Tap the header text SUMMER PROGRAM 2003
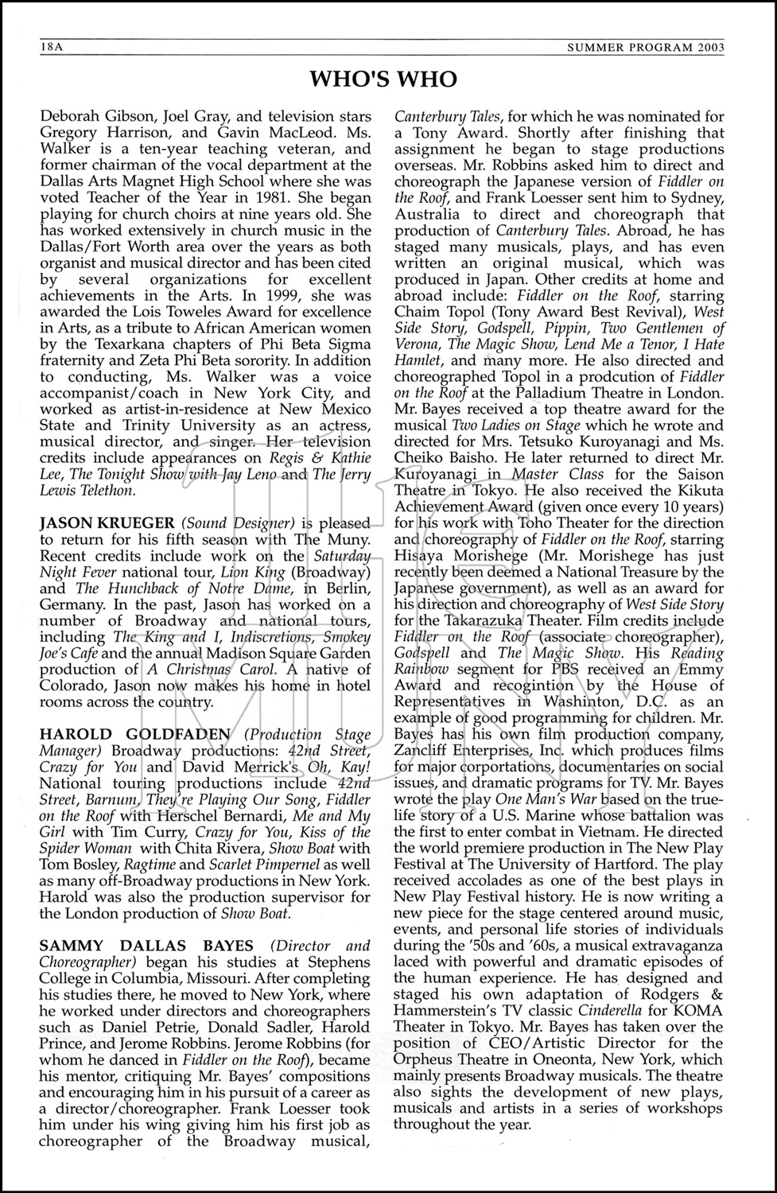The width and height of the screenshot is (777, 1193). [x=645, y=48]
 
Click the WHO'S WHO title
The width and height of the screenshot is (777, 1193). [x=383, y=80]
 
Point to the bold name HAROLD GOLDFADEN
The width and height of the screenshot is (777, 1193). [x=135, y=734]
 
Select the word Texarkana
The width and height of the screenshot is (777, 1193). [x=131, y=344]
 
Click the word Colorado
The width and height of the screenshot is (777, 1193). [x=70, y=686]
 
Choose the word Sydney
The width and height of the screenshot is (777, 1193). [x=693, y=198]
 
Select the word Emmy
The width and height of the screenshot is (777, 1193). [x=701, y=670]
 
